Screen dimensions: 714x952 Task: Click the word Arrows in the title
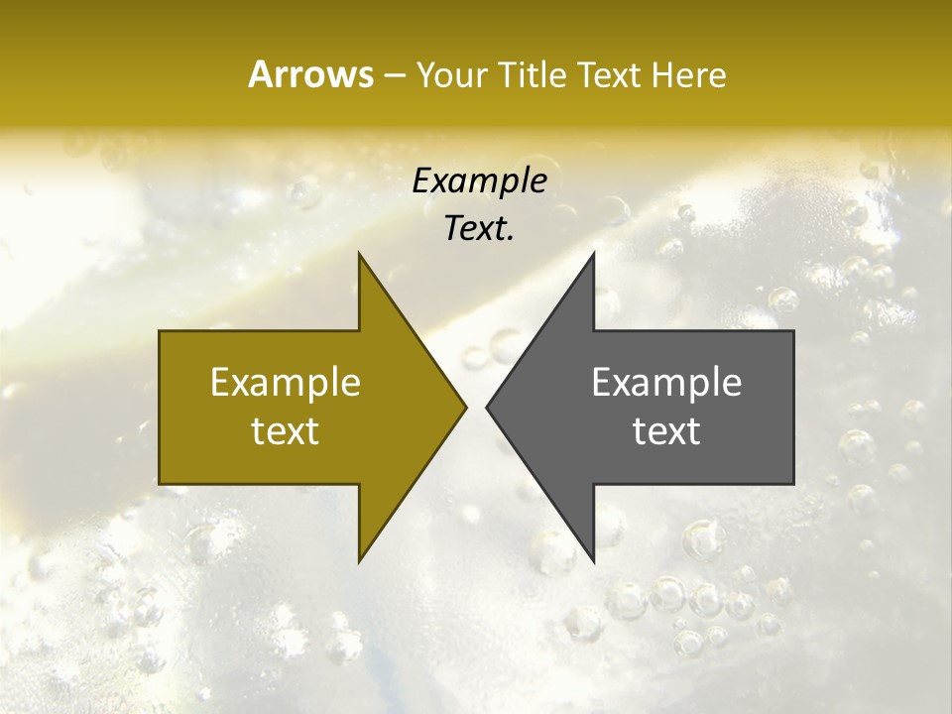point(310,74)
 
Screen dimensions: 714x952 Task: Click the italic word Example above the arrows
point(480,181)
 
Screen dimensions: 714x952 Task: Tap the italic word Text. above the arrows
point(480,229)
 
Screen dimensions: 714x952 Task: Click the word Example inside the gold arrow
point(286,382)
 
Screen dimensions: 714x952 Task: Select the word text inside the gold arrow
point(286,430)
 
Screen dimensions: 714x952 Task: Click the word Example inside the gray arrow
point(666,382)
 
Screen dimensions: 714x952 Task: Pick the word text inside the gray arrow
point(666,430)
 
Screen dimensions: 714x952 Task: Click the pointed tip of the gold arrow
point(466,407)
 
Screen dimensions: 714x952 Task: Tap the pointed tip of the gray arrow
point(486,407)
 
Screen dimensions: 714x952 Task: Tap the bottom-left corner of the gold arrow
point(160,484)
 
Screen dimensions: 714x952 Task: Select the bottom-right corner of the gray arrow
point(793,484)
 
